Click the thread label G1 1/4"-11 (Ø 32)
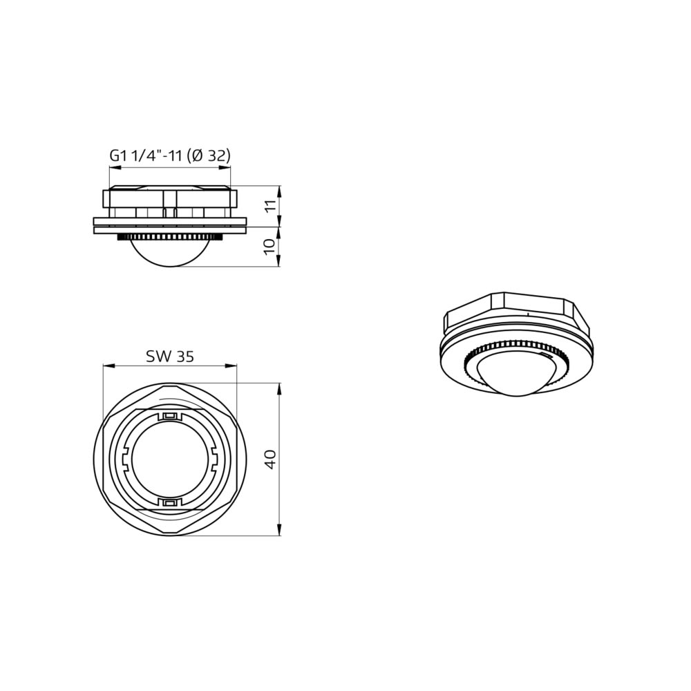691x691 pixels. click(170, 155)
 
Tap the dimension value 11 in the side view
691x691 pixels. click(270, 206)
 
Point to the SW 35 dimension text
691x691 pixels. click(170, 356)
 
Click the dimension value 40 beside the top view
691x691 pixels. click(270, 460)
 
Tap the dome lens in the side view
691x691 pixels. click(170, 254)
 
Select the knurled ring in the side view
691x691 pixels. click(170, 238)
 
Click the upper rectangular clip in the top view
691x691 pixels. click(170, 416)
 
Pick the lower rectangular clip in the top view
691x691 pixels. click(170, 503)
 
